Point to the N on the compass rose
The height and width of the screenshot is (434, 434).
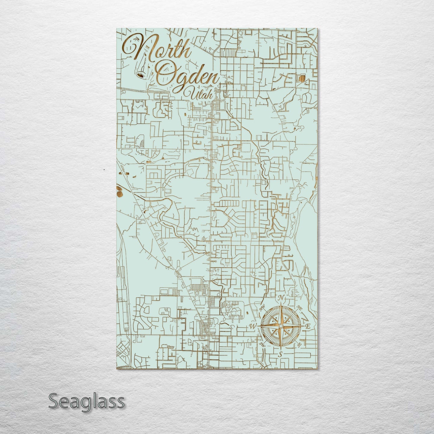[x=281, y=298]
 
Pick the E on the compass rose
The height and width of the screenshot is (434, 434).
[x=308, y=326]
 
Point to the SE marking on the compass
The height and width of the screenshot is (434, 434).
[x=299, y=345]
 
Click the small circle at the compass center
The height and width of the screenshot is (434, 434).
[x=281, y=326]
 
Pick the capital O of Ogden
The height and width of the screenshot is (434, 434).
[x=165, y=75]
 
